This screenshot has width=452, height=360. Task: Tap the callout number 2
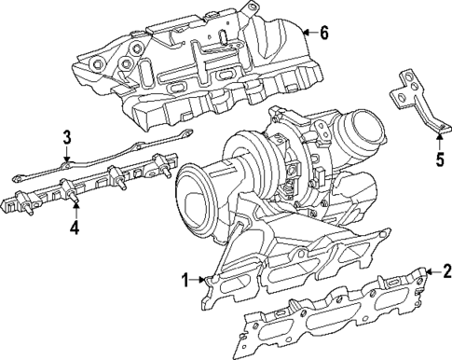coord(446,272)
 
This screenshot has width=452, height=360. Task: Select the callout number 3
coord(67,139)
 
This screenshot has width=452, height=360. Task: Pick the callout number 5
coord(440,159)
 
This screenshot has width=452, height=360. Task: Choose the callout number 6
coord(323,34)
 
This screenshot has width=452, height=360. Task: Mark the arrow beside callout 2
coord(430,272)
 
